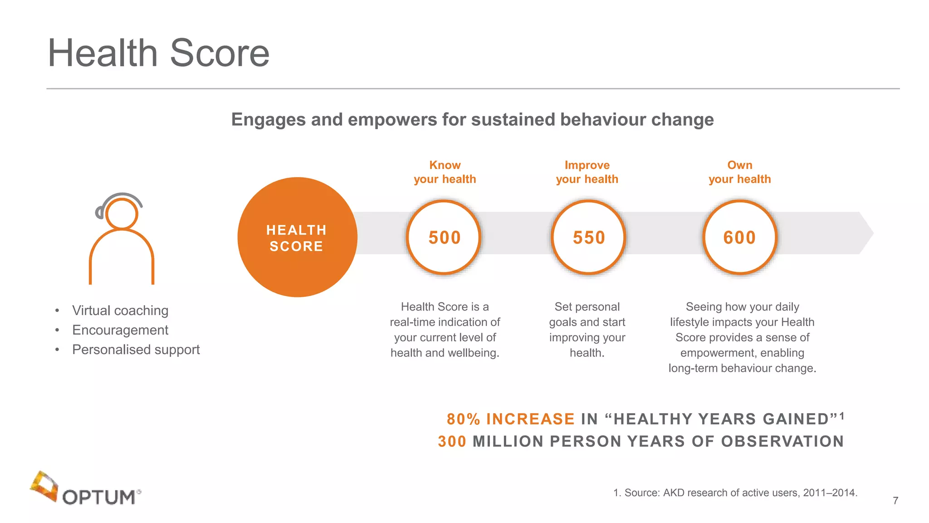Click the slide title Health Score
tap(158, 53)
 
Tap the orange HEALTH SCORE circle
tap(297, 237)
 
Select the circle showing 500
tap(444, 237)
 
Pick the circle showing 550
tap(588, 237)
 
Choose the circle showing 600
tap(739, 237)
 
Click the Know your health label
tap(445, 172)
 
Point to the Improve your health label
tap(587, 172)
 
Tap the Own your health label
tap(739, 172)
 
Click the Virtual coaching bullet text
tap(120, 311)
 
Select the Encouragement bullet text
tap(120, 330)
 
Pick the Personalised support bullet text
tap(136, 350)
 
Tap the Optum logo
tap(86, 489)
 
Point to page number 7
tap(895, 501)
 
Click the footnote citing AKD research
tap(735, 493)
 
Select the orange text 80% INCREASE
tap(511, 419)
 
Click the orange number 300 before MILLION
tap(452, 441)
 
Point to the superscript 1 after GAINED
tap(841, 415)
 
